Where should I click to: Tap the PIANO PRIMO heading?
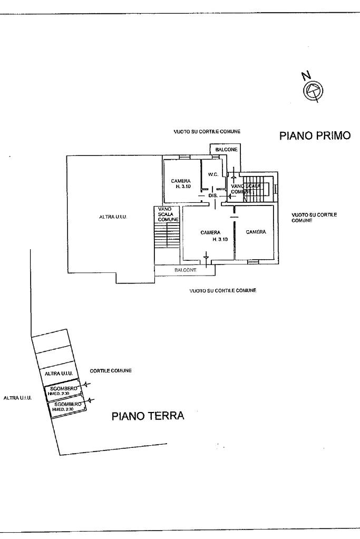(x=315, y=136)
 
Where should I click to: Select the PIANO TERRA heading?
(x=148, y=416)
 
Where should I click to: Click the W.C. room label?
(x=213, y=174)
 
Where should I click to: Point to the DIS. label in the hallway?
(x=213, y=195)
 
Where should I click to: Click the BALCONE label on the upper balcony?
(x=226, y=150)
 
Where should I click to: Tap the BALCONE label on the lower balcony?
(x=186, y=270)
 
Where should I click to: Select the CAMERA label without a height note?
(x=256, y=232)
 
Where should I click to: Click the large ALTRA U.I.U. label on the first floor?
(x=114, y=217)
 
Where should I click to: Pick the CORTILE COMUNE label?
(x=111, y=371)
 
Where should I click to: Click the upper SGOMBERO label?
(x=67, y=388)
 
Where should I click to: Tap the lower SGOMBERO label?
(x=67, y=404)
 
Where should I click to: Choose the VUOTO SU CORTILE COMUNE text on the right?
(x=314, y=217)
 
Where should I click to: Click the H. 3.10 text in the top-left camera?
(x=182, y=187)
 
